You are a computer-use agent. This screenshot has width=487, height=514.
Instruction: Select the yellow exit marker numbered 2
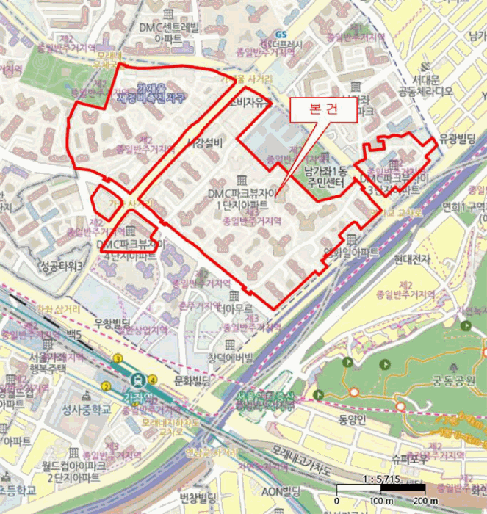[x=106, y=386]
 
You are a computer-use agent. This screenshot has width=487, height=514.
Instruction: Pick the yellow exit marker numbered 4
[x=152, y=379]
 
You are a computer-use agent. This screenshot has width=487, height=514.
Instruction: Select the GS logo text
[x=281, y=35]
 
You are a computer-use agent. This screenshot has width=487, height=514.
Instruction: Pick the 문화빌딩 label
[x=173, y=380]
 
